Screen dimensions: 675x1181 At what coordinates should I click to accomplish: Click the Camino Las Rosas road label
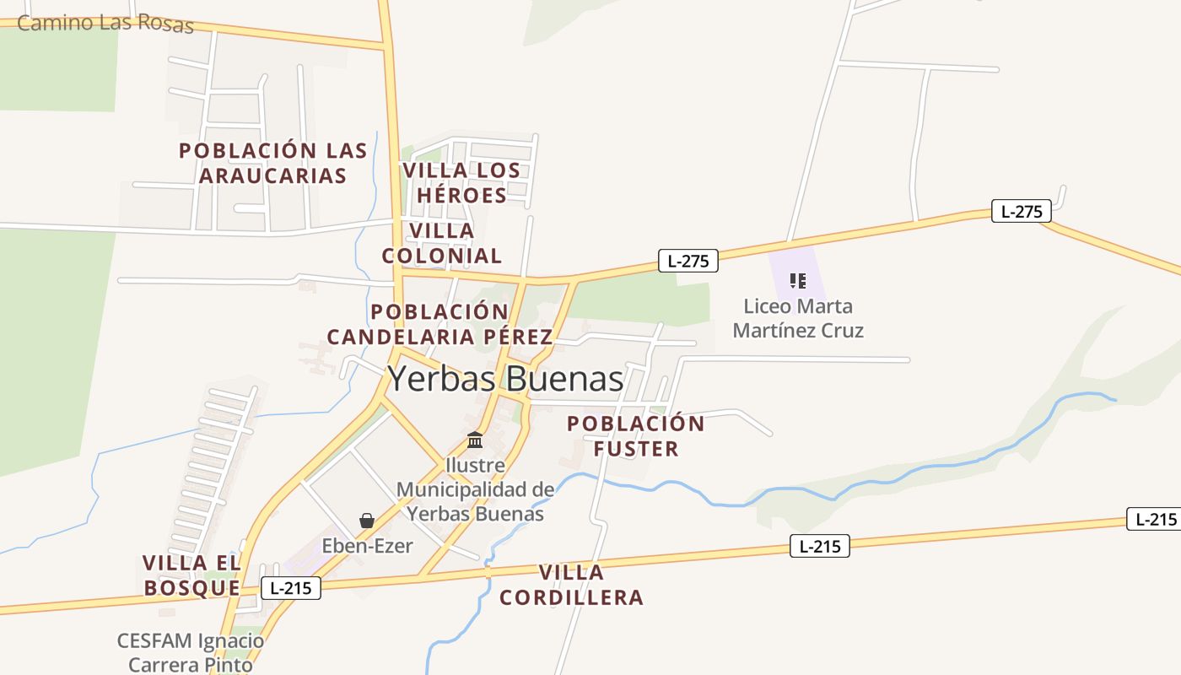point(105,23)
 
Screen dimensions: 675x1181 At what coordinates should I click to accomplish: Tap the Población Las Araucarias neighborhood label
point(273,163)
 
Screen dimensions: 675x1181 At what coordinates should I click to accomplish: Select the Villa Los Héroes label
point(461,182)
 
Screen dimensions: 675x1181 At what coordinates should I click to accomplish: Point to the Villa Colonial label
point(442,243)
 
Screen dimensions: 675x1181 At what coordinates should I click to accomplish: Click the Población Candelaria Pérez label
point(440,325)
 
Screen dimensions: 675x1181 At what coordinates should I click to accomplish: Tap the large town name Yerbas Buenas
point(505,379)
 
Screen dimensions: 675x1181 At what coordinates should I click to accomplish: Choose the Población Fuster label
point(636,436)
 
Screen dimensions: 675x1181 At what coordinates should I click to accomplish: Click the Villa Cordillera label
point(571,585)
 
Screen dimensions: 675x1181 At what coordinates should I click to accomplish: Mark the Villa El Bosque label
point(192,575)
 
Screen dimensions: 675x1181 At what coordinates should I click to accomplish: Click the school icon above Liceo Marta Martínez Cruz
point(797,280)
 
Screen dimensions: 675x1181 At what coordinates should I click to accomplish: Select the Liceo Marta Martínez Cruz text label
point(798,318)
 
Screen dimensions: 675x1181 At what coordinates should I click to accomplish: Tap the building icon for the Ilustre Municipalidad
point(475,440)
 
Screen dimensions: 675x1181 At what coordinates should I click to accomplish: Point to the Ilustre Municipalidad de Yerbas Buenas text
point(475,489)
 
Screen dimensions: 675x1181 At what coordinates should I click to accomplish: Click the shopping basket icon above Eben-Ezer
point(367,521)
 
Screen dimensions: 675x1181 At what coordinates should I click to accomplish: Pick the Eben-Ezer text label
point(367,546)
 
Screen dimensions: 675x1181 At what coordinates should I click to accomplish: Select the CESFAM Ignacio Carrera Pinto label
point(191,652)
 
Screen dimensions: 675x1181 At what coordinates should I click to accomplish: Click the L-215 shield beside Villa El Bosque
point(291,588)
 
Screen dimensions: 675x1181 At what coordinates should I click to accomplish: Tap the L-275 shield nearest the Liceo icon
point(688,261)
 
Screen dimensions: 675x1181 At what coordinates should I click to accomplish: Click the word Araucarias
point(273,175)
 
